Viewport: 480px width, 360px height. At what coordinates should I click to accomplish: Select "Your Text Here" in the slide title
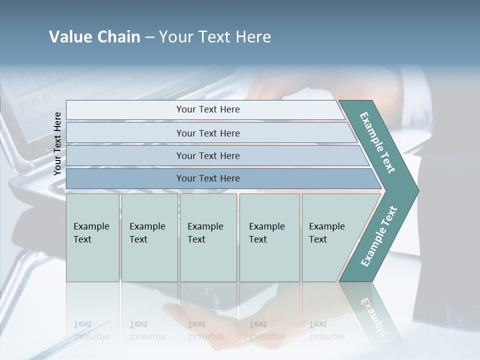pos(215,37)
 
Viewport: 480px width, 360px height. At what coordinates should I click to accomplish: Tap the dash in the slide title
pos(149,37)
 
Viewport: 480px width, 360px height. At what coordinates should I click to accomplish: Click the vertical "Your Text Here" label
pos(57,143)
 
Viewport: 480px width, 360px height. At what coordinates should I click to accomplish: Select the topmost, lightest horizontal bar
pos(208,109)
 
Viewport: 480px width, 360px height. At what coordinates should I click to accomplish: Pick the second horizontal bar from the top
pos(208,133)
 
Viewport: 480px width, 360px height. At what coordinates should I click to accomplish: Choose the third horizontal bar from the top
pos(208,155)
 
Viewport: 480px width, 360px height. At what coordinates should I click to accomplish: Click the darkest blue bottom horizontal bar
pos(208,178)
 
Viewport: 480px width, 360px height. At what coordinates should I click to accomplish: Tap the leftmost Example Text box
pos(92,237)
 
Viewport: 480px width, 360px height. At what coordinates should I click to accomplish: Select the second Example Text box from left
pos(149,237)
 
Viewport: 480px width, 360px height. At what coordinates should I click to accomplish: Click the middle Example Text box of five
pos(207,237)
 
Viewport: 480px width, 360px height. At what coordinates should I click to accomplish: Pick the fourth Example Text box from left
pos(269,237)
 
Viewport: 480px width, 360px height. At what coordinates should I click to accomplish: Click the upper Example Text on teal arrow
pos(377,142)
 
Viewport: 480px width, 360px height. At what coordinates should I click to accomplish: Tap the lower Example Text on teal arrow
pos(378,236)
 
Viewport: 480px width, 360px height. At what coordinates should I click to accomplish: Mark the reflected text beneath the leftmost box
pos(91,330)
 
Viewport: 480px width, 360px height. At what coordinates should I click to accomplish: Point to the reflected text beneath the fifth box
pos(326,330)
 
